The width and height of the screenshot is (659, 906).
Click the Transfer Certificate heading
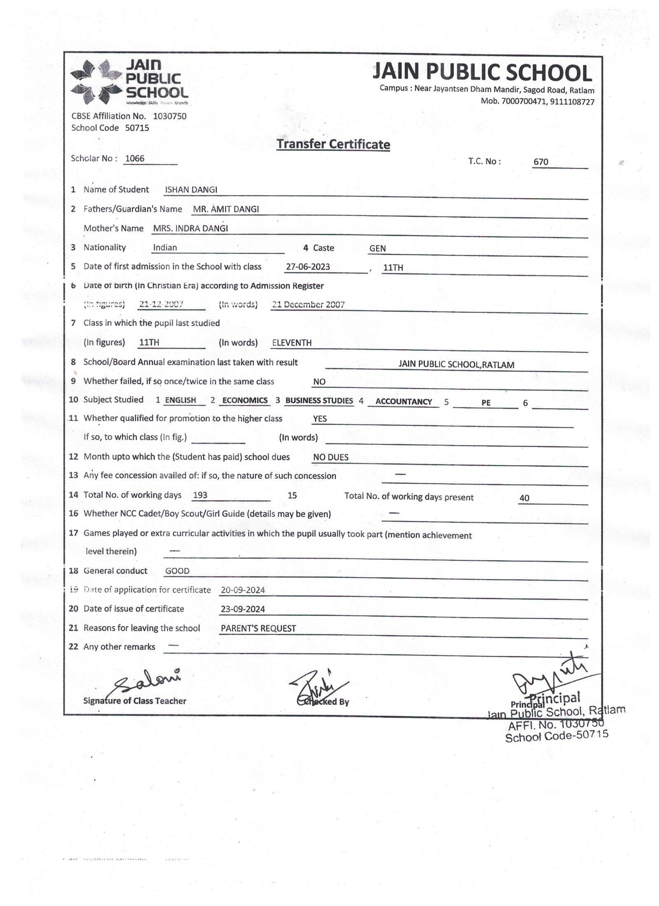(333, 144)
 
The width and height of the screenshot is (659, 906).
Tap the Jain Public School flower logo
(96, 82)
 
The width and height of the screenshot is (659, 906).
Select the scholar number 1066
(135, 159)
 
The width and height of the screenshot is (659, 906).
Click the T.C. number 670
(540, 162)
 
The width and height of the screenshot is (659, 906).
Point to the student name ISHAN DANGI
(191, 190)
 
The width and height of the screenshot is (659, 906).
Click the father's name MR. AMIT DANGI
(226, 209)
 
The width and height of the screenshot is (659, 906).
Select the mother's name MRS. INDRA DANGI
(190, 229)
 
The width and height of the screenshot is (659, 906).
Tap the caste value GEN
(377, 248)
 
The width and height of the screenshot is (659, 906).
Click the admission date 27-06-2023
(308, 267)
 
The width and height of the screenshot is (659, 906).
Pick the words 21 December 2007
(308, 305)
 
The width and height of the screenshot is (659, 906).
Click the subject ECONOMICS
(245, 400)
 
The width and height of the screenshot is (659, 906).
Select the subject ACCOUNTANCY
(403, 402)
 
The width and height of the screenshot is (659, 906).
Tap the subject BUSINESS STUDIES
(319, 401)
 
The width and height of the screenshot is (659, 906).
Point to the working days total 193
(200, 495)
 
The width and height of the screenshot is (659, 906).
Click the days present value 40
(524, 498)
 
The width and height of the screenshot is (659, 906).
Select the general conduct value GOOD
(177, 571)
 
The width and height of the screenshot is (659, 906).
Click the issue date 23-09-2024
(243, 609)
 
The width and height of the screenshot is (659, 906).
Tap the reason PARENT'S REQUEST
(258, 628)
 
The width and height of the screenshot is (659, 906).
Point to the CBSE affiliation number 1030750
(170, 116)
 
